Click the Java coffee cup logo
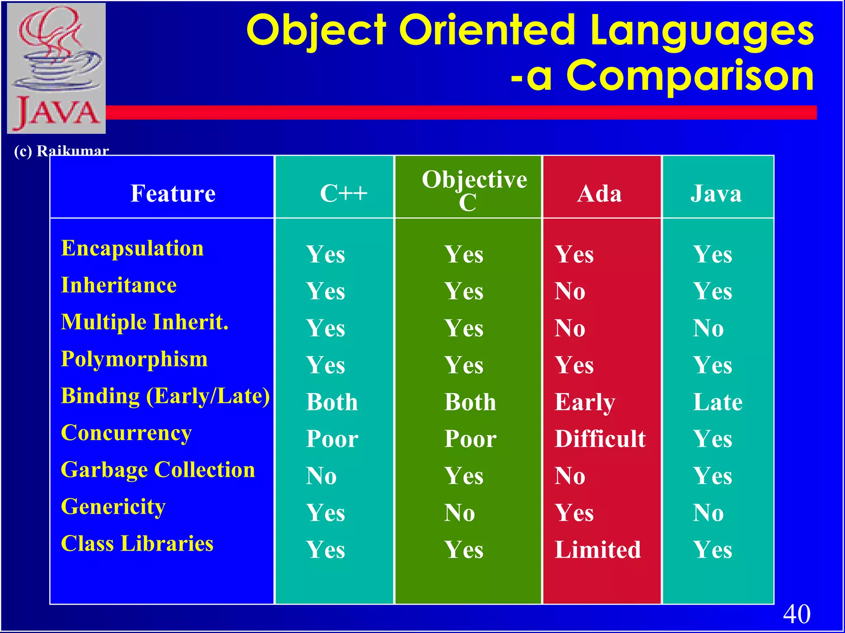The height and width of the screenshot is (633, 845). [57, 68]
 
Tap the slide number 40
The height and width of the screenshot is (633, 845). [796, 614]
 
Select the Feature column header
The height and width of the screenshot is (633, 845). [172, 193]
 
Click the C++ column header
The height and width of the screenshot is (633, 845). [343, 193]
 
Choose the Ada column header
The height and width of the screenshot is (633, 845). [599, 193]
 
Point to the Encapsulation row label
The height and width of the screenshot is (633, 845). [132, 249]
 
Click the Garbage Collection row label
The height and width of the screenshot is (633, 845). [158, 470]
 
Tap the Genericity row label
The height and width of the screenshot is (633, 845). [113, 507]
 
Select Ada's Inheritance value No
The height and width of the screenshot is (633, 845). [570, 291]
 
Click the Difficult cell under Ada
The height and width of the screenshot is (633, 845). [600, 438]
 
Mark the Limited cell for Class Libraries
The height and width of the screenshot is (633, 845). [597, 550]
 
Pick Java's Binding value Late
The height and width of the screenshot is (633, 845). [718, 402]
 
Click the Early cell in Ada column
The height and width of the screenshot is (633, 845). [585, 402]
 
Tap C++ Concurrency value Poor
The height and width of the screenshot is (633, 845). [332, 438]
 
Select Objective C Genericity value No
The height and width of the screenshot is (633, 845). [459, 513]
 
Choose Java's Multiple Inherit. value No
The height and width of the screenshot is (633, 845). [708, 328]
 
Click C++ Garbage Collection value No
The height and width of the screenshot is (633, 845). [321, 476]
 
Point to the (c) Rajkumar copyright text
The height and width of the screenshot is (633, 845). [61, 151]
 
